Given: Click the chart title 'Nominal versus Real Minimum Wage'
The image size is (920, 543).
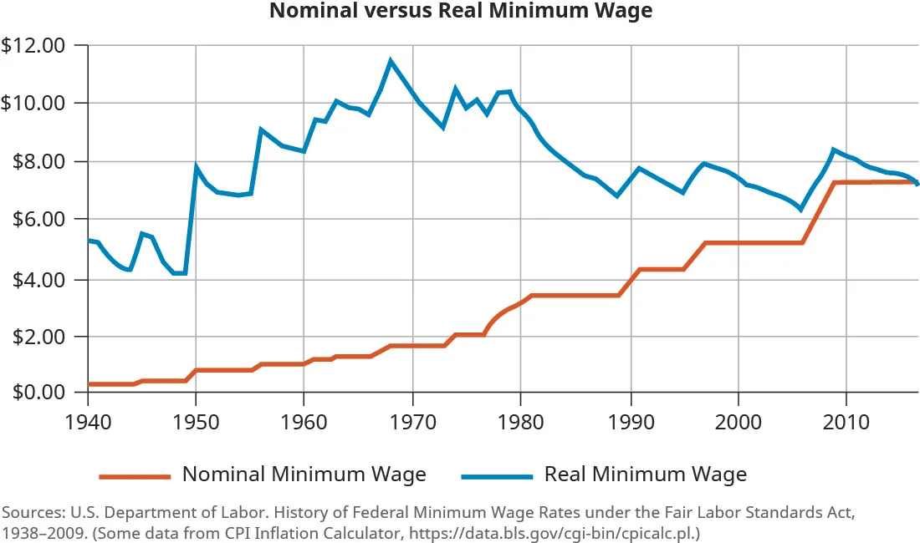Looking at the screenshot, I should tap(460, 12).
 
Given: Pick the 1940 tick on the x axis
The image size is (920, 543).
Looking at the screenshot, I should tap(87, 419).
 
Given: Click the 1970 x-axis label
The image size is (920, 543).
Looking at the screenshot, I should tap(412, 419).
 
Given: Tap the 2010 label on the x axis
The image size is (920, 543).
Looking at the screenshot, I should tap(846, 419).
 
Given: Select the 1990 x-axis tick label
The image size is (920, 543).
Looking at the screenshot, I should tap(630, 419).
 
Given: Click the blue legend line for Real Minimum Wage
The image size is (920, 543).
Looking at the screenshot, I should tap(496, 476).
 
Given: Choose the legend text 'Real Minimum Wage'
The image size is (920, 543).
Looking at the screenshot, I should tap(645, 474).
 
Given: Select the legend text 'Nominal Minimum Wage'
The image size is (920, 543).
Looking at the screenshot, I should tap(304, 474).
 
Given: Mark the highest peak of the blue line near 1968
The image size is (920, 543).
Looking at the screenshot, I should tap(391, 60).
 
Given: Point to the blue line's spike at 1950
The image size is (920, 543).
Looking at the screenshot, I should tap(197, 166).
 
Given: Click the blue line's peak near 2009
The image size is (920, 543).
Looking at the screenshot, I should tap(833, 150).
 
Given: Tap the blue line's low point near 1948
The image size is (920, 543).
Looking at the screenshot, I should tap(177, 273).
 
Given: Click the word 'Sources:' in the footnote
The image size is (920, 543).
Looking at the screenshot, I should tap(31, 511).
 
